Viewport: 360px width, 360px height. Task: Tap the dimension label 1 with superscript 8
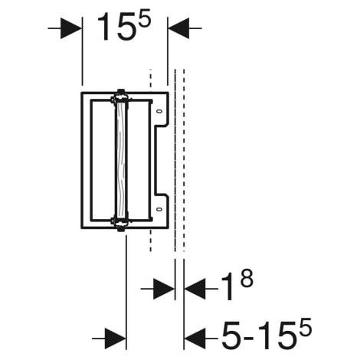click(x=237, y=285)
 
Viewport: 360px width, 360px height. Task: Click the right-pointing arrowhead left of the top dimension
click(x=71, y=28)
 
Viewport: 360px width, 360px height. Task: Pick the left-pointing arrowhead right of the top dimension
click(x=178, y=28)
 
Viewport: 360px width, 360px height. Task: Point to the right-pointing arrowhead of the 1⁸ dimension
click(x=164, y=289)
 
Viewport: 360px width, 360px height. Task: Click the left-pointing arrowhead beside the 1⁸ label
click(x=195, y=289)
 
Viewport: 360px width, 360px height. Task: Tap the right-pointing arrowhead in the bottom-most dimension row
click(x=116, y=339)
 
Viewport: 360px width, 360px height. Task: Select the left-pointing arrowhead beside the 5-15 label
click(x=195, y=339)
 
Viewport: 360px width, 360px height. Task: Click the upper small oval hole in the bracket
click(x=159, y=111)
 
